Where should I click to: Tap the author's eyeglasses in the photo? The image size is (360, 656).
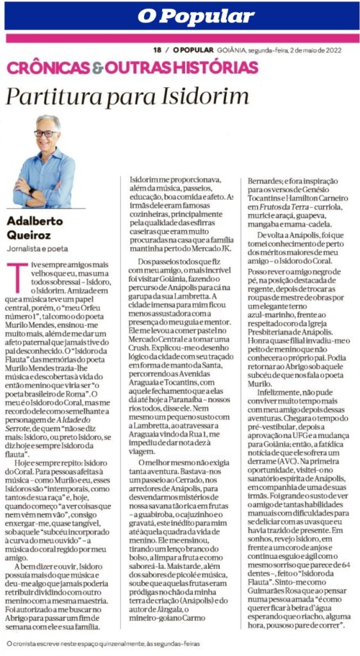click(x=46, y=134)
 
